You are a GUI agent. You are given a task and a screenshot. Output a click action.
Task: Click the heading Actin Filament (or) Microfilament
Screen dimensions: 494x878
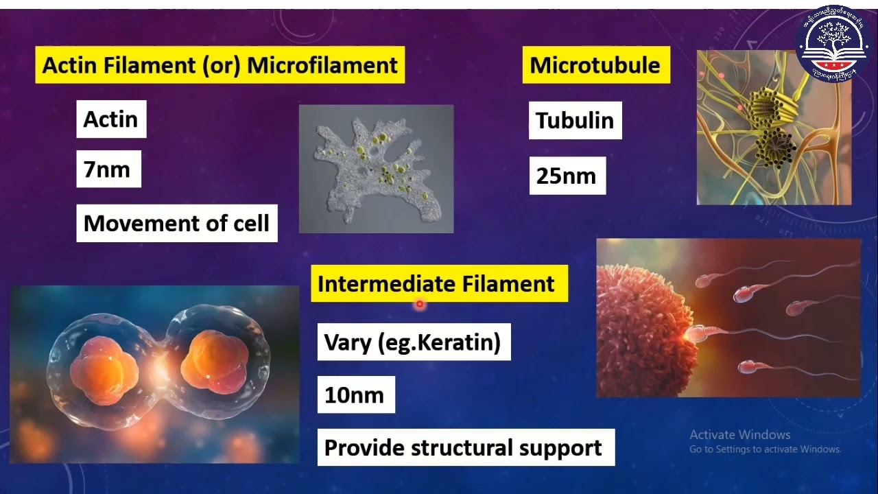click(x=219, y=65)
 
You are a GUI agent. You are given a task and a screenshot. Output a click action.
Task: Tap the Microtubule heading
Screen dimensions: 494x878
click(x=595, y=65)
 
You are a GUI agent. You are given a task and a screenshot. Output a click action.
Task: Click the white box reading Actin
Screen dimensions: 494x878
click(x=111, y=119)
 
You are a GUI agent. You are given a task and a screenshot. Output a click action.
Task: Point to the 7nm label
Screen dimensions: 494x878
click(x=108, y=169)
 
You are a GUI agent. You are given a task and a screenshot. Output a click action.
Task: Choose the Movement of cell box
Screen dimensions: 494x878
click(x=176, y=223)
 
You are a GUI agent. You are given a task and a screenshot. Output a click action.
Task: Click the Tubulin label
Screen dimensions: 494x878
click(x=575, y=120)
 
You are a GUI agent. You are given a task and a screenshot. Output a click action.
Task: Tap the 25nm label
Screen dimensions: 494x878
click(x=567, y=176)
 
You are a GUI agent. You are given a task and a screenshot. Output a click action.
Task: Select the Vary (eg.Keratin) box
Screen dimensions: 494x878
click(x=413, y=342)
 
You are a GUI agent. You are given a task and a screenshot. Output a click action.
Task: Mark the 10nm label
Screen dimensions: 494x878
click(x=355, y=395)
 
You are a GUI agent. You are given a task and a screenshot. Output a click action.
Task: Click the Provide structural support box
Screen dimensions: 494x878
click(x=465, y=447)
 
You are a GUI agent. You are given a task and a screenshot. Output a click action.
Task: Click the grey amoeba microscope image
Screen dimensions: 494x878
click(x=376, y=169)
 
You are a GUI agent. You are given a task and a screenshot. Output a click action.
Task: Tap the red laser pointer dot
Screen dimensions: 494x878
click(x=420, y=304)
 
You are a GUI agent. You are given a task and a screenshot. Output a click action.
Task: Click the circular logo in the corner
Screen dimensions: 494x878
click(x=833, y=43)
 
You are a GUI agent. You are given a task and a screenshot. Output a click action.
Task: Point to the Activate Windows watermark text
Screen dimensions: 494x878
click(x=740, y=435)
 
